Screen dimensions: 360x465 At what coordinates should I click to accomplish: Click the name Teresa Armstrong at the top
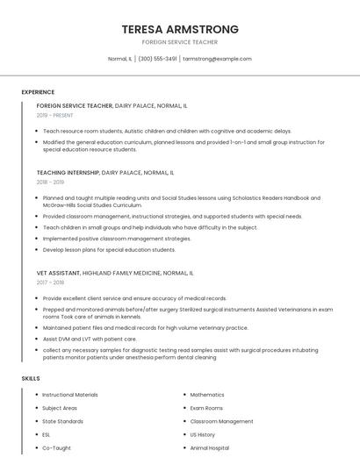coord(180,29)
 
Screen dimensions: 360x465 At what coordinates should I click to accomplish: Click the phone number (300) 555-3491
coord(157,59)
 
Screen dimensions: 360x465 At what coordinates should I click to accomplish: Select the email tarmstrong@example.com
coord(217,59)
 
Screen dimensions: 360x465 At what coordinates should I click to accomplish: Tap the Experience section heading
coord(38,91)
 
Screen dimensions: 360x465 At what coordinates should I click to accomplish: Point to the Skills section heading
coord(31,378)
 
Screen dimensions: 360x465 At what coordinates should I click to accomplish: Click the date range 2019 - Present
coord(54,115)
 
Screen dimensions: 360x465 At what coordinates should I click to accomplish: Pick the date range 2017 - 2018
coord(50,283)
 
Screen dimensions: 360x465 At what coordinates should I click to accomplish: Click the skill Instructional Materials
coord(70,395)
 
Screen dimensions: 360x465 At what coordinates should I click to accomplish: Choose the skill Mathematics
coord(207,395)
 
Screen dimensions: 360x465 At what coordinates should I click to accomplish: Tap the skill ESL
coord(47,434)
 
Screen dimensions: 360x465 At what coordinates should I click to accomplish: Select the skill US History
coord(203,434)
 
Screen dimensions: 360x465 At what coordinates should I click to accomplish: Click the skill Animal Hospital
coord(210,447)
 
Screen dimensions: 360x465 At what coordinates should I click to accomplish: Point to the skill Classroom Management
coord(221,421)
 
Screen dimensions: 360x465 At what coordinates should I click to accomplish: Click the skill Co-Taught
coord(56,447)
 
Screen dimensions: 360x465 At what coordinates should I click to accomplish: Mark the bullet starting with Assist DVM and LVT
coord(90,338)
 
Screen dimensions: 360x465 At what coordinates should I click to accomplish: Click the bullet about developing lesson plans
coord(109,249)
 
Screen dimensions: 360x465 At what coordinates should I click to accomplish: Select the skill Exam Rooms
coord(206,408)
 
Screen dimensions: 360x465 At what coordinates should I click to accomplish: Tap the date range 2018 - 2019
coord(50,182)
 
